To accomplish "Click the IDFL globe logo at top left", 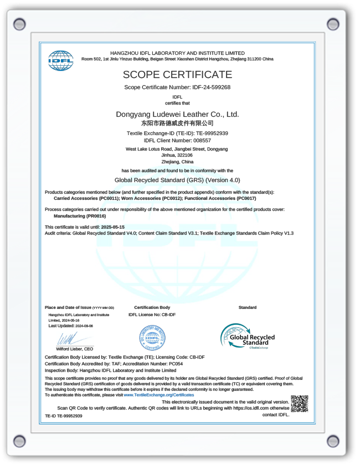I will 60,60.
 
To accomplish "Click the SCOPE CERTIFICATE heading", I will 177,75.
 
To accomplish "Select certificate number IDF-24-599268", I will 211,87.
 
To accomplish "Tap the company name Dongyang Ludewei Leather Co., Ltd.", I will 177,114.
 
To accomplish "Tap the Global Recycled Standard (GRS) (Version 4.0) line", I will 177,180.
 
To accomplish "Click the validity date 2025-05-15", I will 113,227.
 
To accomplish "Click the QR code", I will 299,404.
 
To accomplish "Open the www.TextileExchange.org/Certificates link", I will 159,395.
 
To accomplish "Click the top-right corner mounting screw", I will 333,24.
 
